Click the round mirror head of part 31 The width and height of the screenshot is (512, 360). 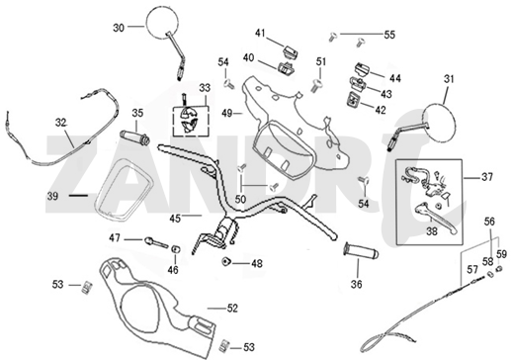442,109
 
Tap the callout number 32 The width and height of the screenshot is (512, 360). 61,124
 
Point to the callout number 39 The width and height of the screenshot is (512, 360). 52,195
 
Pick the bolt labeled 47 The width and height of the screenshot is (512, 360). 154,240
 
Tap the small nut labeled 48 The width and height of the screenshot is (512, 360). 227,262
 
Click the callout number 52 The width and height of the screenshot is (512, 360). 232,309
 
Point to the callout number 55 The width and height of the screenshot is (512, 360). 389,35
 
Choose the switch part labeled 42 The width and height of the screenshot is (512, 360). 352,101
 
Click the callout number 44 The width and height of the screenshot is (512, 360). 394,77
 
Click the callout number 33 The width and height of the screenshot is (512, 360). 205,88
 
